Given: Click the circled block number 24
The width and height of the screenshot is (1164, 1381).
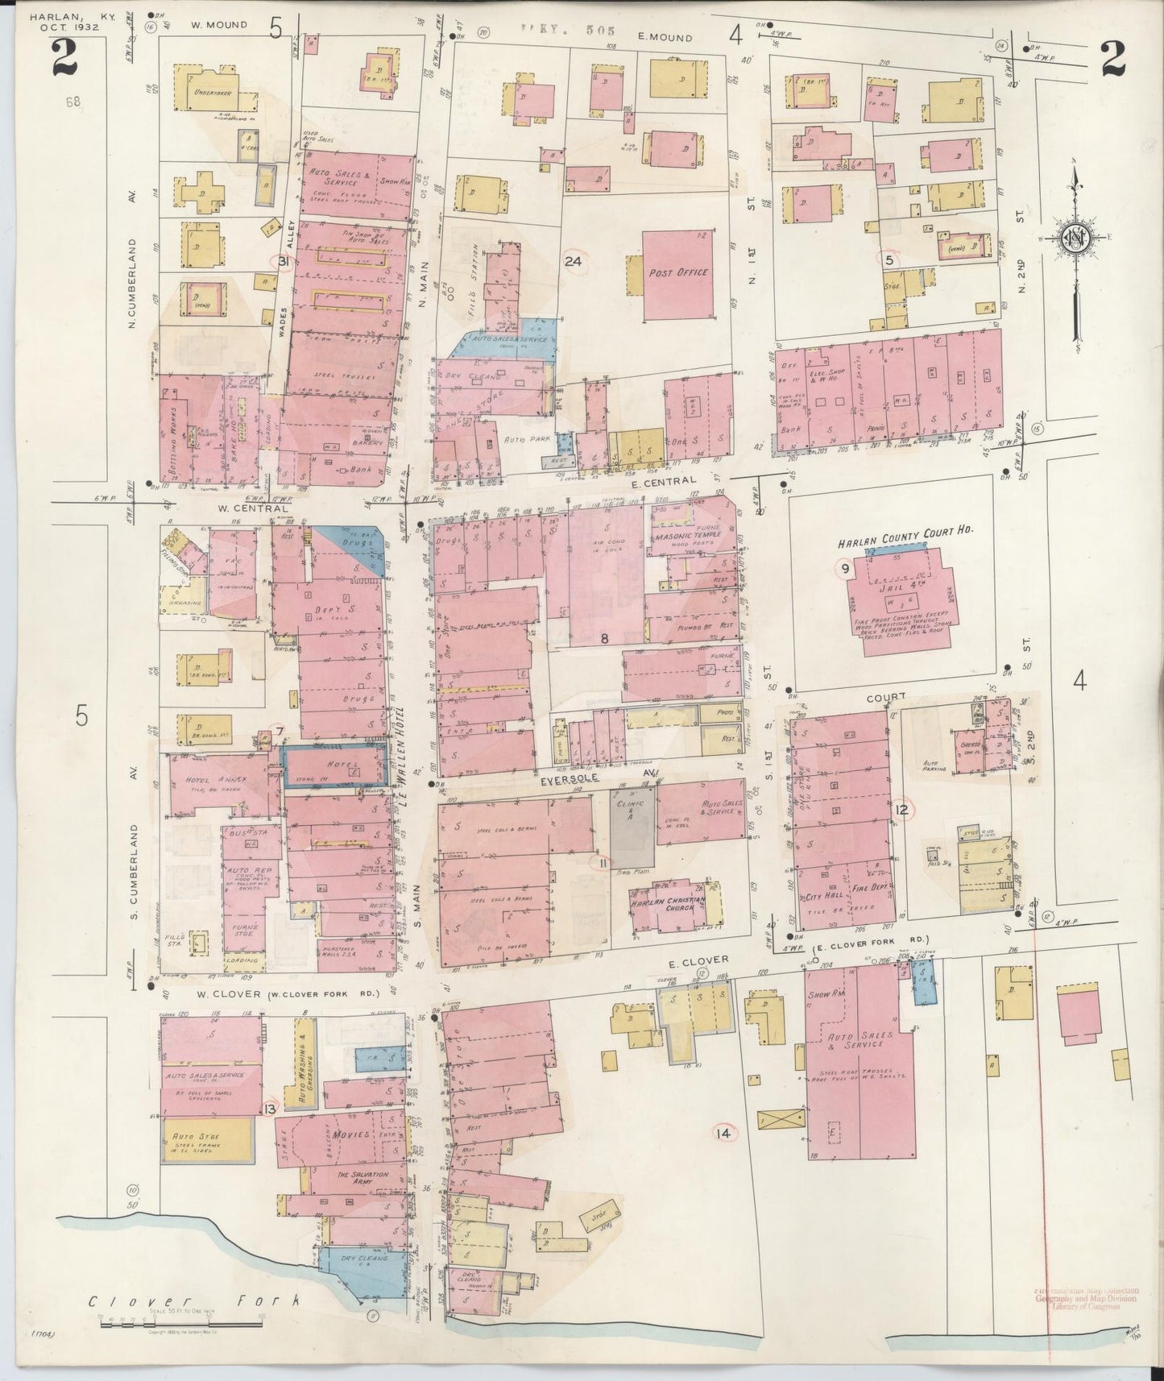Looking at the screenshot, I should click(x=574, y=261).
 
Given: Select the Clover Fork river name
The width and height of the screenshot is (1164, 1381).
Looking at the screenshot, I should click(x=193, y=1301).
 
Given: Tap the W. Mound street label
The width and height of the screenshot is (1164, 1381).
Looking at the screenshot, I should click(x=218, y=25).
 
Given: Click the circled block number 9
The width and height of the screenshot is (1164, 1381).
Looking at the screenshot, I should click(x=844, y=570).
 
